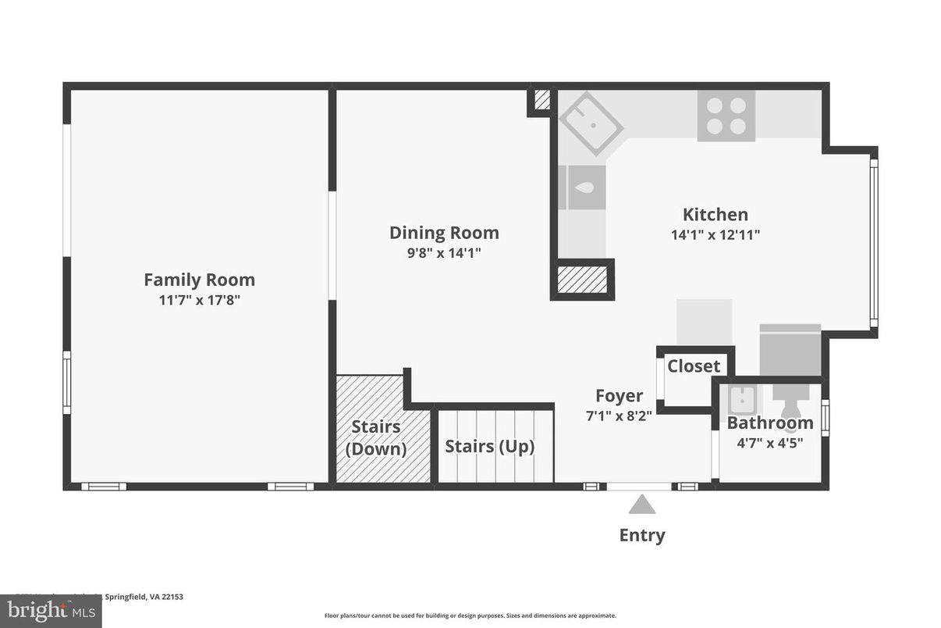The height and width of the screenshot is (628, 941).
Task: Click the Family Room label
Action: click(x=199, y=280)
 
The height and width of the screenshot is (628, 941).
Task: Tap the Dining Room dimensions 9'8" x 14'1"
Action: click(x=443, y=253)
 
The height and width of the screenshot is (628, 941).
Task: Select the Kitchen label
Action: click(x=715, y=215)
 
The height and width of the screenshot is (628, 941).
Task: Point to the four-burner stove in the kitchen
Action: click(x=726, y=116)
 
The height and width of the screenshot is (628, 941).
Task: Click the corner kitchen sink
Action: click(x=591, y=123)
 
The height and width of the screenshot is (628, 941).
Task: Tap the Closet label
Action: click(x=694, y=366)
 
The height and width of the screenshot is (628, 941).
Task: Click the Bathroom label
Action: click(x=769, y=423)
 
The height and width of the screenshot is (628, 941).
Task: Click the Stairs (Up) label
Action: click(x=489, y=447)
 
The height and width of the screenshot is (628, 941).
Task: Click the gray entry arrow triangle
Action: click(x=641, y=505)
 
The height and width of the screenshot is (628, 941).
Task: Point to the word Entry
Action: click(x=641, y=536)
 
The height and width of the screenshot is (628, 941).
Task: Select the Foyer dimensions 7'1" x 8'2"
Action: click(x=619, y=416)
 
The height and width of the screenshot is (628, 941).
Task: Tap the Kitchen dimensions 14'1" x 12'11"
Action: click(x=715, y=234)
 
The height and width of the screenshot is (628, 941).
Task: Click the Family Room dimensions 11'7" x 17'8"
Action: click(x=199, y=300)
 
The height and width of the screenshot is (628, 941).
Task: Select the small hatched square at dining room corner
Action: click(x=542, y=100)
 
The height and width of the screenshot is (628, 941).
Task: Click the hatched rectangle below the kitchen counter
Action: click(x=582, y=279)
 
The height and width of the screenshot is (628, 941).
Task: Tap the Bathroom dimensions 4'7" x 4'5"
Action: click(x=769, y=442)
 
